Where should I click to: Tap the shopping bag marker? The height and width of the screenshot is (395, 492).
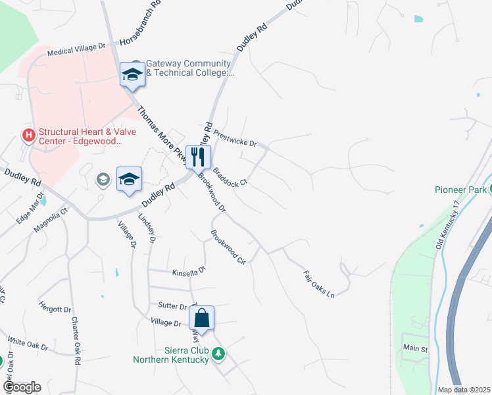coord(202,319)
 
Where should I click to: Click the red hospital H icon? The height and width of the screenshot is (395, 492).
coord(29,136)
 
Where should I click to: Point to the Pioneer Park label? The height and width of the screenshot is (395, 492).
coord(460,190)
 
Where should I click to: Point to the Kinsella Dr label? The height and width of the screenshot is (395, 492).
coord(189,271)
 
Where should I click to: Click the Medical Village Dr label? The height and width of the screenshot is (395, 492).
coord(77,50)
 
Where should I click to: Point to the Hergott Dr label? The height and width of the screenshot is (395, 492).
coord(55,309)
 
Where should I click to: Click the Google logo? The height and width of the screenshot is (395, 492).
coord(22,387)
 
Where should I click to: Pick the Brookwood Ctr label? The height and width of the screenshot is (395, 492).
coord(228,247)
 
